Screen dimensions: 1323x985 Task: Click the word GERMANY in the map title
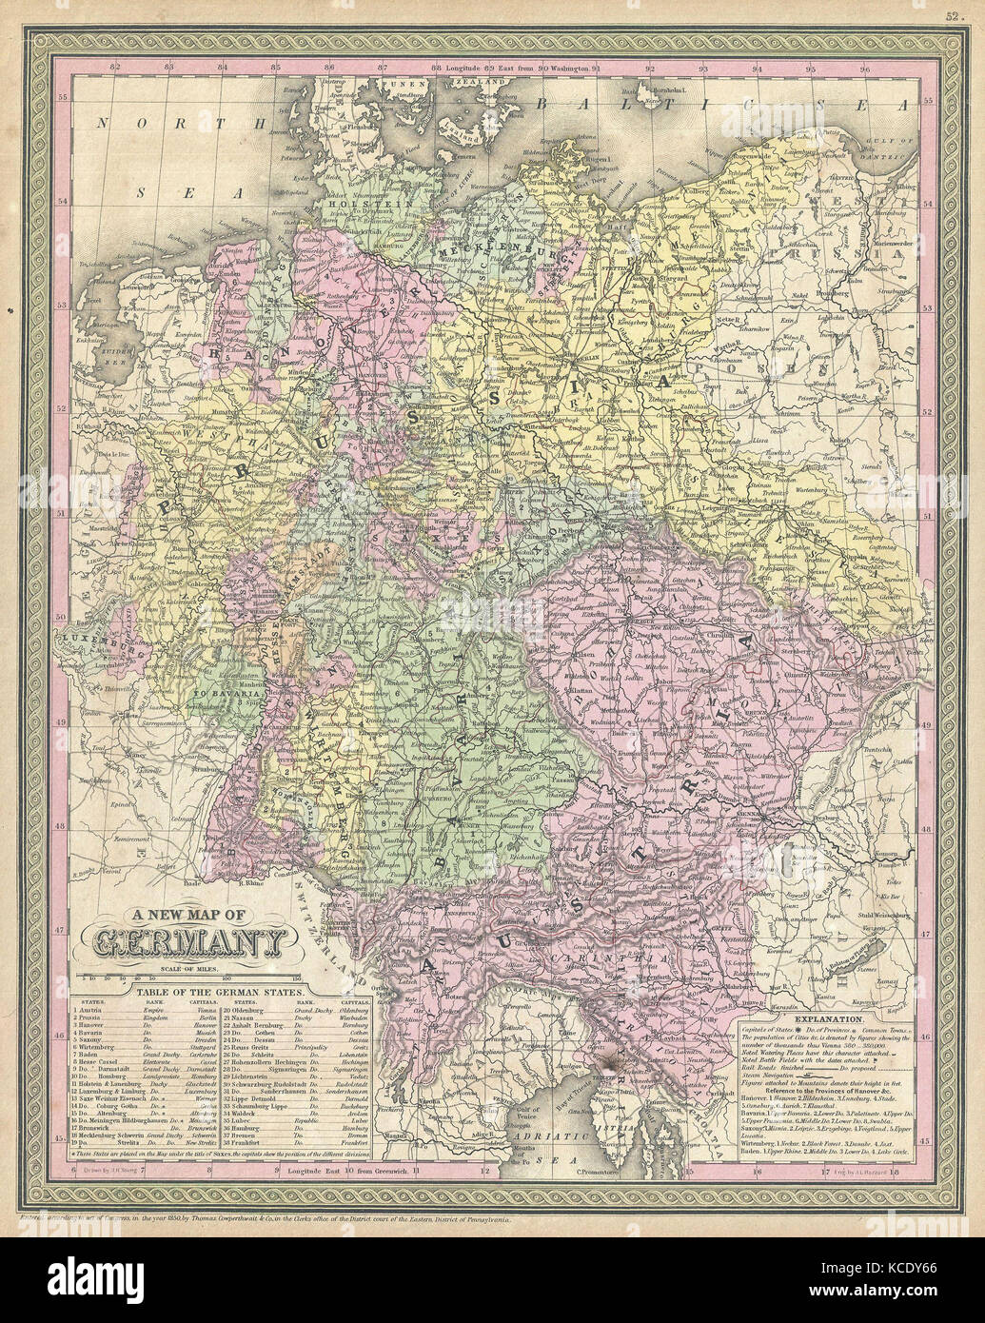click(x=189, y=942)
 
